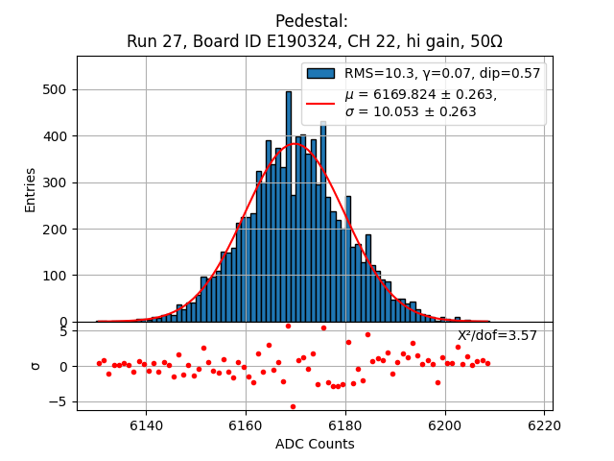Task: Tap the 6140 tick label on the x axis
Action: click(x=146, y=424)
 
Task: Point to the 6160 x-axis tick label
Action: click(x=246, y=424)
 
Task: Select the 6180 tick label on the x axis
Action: click(x=345, y=424)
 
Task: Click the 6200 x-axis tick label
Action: click(x=445, y=424)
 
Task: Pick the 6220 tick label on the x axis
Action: click(x=545, y=424)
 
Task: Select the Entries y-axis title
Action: click(x=31, y=189)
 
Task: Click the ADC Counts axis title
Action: click(x=315, y=444)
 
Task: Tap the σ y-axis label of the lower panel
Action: click(x=35, y=366)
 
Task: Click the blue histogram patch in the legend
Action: click(x=320, y=73)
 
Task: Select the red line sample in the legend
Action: click(x=320, y=103)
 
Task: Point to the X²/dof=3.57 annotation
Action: click(x=497, y=335)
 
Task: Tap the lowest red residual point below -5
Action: click(x=293, y=406)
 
